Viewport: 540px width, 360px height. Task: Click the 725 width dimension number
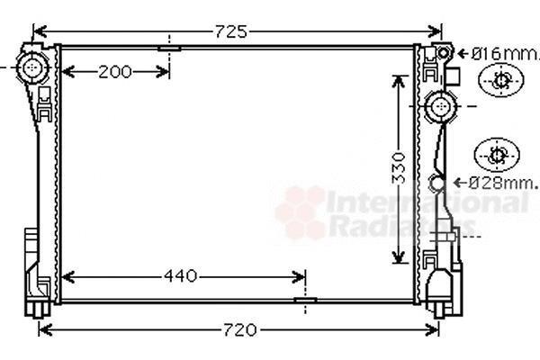(231, 31)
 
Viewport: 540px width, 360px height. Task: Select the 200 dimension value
(115, 72)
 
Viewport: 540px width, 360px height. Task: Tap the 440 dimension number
(181, 276)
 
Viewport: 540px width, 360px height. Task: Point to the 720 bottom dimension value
(240, 329)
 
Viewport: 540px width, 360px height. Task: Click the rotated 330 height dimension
(399, 168)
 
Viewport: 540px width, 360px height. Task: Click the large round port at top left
(32, 67)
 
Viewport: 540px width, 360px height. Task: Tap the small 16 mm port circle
(443, 53)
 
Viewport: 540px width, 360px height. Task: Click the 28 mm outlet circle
(436, 183)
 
